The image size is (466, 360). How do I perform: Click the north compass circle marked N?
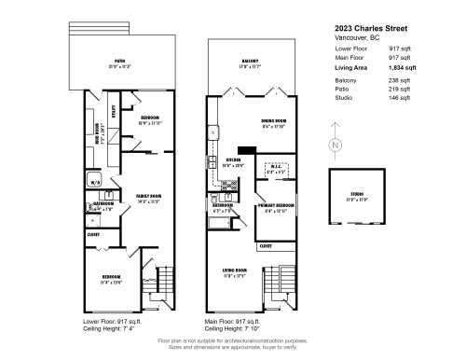[x=334, y=146]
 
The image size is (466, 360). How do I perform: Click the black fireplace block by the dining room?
[x=247, y=148]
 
